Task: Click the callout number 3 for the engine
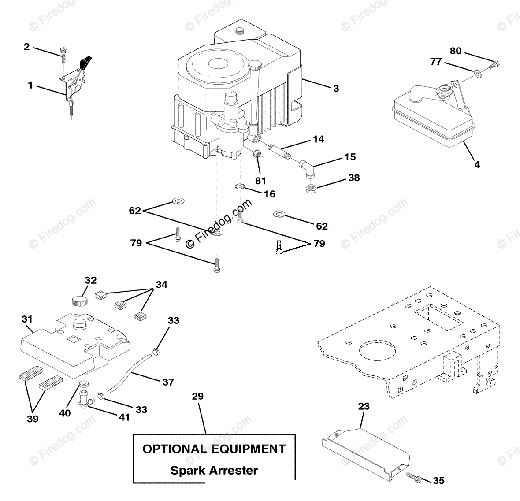point(336,89)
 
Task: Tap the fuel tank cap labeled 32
point(80,301)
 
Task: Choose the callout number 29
point(198,397)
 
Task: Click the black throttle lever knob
point(86,62)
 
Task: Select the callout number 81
point(260,181)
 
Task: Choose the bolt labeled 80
point(493,64)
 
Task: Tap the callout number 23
point(364,406)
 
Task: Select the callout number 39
point(33,419)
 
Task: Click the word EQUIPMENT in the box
point(248,449)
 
